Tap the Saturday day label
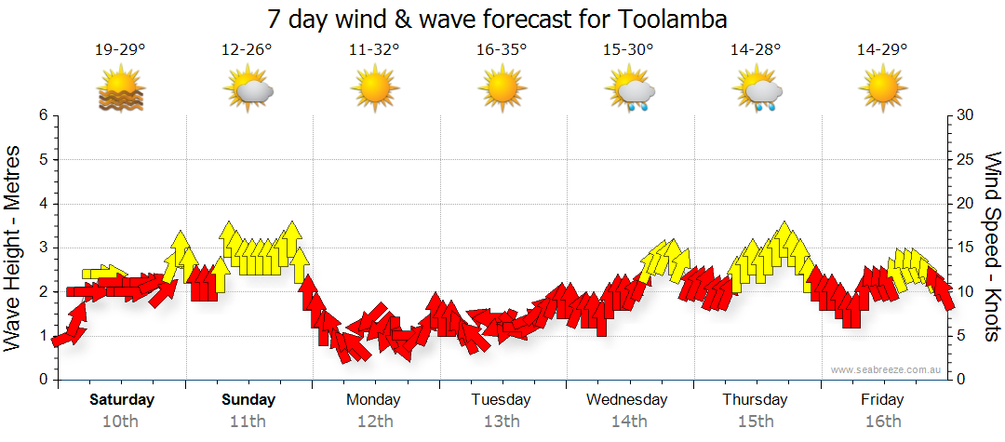pyautogui.click(x=122, y=400)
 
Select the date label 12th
pyautogui.click(x=374, y=421)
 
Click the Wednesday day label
pyautogui.click(x=627, y=400)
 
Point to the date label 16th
pyautogui.click(x=882, y=421)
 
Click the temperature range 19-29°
pyautogui.click(x=121, y=50)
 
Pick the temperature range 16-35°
pyautogui.click(x=502, y=50)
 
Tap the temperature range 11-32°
pyautogui.click(x=374, y=50)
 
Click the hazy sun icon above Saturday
pyautogui.click(x=121, y=90)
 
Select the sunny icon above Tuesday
pyautogui.click(x=502, y=90)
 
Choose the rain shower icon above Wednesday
pyautogui.click(x=630, y=90)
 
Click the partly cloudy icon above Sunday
pyautogui.click(x=248, y=90)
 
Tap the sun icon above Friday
pyautogui.click(x=882, y=90)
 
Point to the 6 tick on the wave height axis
pyautogui.click(x=42, y=115)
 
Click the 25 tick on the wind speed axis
pyautogui.click(x=967, y=159)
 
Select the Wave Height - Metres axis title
pyautogui.click(x=14, y=247)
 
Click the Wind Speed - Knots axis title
pyautogui.click(x=991, y=247)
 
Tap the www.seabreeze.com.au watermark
pyautogui.click(x=886, y=369)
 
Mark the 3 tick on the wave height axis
pyautogui.click(x=42, y=248)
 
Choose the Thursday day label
pyautogui.click(x=755, y=400)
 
